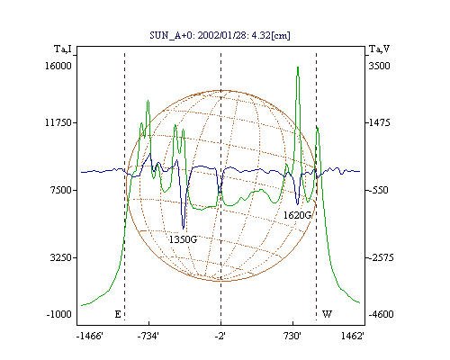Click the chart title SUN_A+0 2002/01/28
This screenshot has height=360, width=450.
point(220,35)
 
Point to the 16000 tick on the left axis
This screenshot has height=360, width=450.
point(58,66)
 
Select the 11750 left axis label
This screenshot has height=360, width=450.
point(58,122)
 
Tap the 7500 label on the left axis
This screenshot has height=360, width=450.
point(61,190)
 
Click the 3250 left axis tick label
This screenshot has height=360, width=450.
point(61,257)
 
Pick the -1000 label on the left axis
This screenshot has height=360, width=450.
point(58,314)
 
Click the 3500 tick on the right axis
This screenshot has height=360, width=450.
point(379,66)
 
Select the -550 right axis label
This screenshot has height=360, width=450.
point(378,190)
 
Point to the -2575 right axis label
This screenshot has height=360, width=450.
point(381,257)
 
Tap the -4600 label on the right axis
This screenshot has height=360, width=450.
point(381,314)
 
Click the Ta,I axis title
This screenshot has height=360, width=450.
point(63,49)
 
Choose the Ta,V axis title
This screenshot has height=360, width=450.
point(379,49)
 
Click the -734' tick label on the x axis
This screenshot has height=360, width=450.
point(148,337)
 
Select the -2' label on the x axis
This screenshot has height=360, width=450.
point(220,337)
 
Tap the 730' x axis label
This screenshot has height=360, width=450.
point(292,337)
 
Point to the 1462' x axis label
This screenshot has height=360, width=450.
point(353,337)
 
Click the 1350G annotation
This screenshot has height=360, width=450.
point(183,239)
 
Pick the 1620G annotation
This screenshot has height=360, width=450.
point(297,215)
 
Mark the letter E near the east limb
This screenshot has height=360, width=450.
point(118,314)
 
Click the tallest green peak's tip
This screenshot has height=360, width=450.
point(298,67)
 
